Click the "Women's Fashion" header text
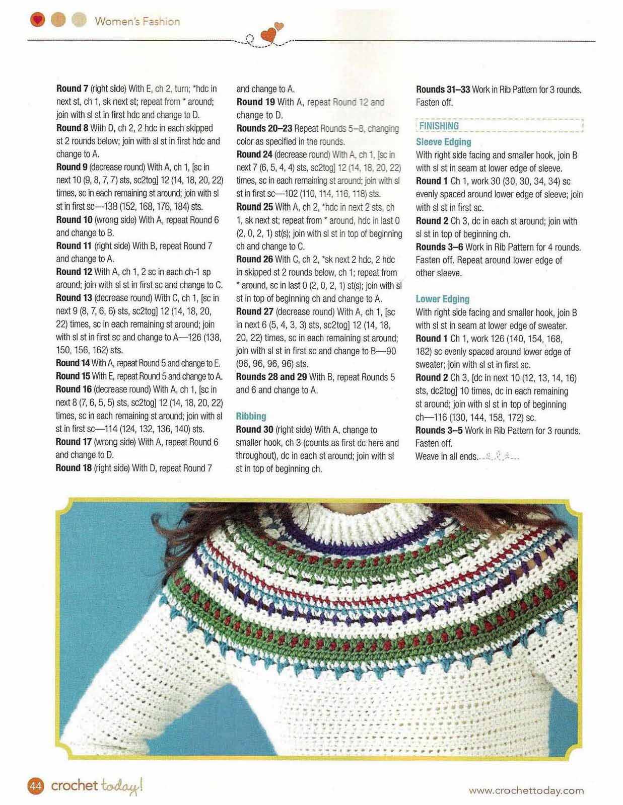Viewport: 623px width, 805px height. [137, 21]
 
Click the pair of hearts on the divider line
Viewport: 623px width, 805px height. [272, 33]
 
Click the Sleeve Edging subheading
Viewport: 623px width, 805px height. [443, 142]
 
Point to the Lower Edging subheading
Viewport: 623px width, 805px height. [442, 299]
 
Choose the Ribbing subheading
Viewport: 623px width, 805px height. [251, 416]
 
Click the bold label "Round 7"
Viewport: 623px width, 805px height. [74, 89]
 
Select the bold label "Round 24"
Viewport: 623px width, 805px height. [254, 154]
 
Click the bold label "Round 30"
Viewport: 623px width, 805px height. [254, 430]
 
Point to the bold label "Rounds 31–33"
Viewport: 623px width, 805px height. [443, 90]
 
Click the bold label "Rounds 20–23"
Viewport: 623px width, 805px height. [264, 128]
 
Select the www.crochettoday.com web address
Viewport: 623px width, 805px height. [526, 790]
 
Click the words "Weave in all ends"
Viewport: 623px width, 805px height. [446, 456]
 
